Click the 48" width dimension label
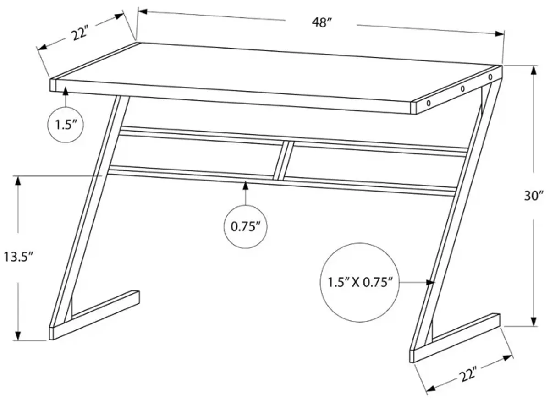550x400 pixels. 322,23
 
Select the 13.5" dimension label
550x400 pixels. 18,257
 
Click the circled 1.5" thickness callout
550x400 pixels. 66,125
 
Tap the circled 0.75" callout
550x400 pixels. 245,226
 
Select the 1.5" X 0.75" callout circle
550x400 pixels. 360,282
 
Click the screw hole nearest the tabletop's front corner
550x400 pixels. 429,103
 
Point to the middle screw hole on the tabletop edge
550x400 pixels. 462,88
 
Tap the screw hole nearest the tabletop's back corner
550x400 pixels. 490,77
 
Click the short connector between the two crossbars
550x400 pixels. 283,160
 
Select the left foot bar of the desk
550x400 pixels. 94,315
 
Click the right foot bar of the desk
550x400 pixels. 455,338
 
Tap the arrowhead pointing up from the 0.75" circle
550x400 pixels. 245,186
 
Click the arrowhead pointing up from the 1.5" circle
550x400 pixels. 66,91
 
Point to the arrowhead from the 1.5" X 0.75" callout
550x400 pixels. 431,283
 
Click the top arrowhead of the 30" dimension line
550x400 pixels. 533,70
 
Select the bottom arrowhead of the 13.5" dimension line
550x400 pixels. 18,335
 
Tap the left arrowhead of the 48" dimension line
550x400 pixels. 143,11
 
